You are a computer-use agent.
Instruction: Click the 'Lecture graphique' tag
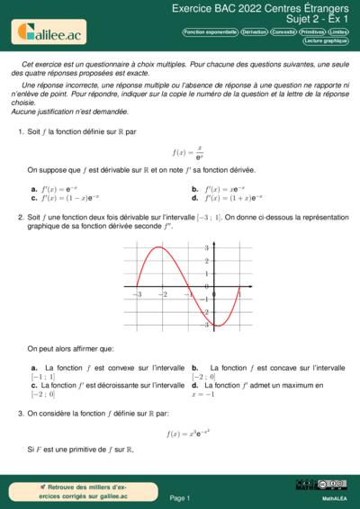point(326,40)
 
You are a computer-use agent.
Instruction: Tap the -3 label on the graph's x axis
point(138,294)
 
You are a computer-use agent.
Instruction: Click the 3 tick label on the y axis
point(206,247)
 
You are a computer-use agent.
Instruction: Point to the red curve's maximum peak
point(161,246)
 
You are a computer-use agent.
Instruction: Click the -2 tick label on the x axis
point(163,294)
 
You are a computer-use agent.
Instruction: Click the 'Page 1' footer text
point(180,497)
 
